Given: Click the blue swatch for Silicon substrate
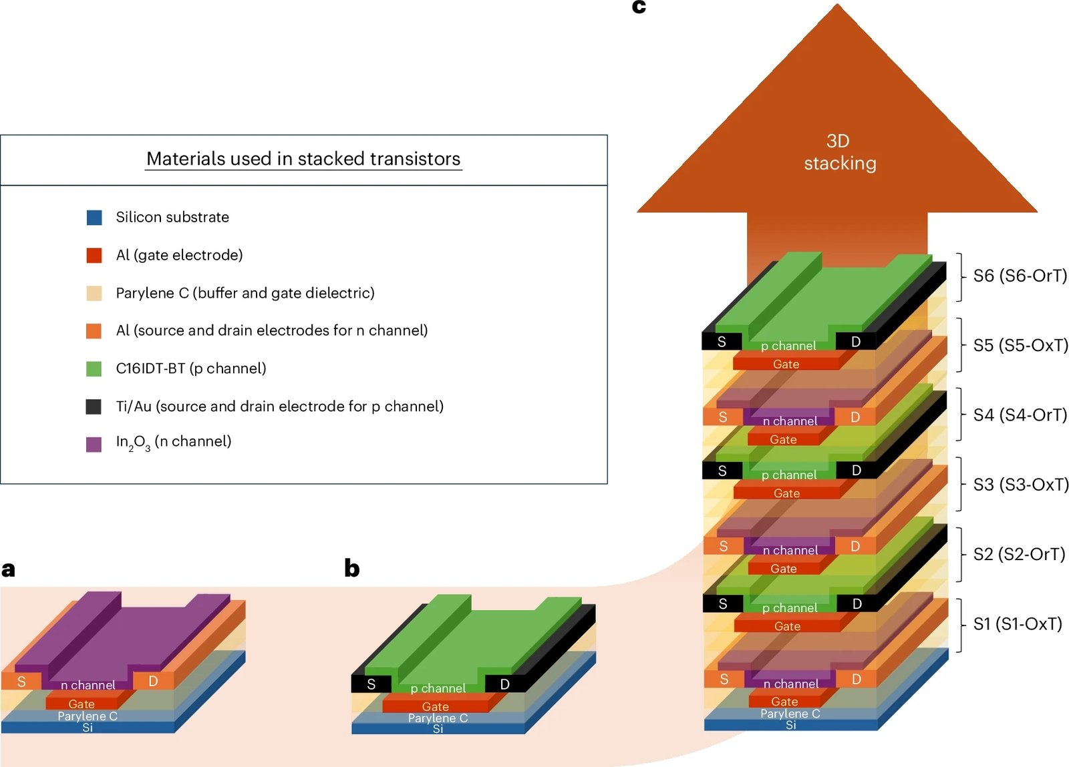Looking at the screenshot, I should coord(94,218).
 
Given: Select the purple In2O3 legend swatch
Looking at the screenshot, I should coord(94,444).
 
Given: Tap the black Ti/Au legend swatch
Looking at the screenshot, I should coord(94,407).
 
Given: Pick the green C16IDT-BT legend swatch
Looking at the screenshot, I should coord(94,368).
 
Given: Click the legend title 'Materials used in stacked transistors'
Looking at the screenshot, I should coord(303,159).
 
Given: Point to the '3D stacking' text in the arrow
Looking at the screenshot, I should coord(839,152).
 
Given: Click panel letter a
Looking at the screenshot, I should coord(9,569).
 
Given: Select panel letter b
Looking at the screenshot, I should coord(352,568).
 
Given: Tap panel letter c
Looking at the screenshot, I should coord(639,7).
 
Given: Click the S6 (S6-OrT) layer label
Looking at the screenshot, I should coord(1020,276).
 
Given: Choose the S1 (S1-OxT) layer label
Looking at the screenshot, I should coord(1017,624).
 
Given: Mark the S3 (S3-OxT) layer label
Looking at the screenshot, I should coord(1020,485).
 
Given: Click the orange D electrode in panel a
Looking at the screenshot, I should coord(153,681).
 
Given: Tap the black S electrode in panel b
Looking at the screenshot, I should coord(371,684).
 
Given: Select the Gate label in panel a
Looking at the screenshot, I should coord(82,704).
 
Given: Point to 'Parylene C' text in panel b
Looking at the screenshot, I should coord(438,718).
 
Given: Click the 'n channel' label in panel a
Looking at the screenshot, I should coord(88,685).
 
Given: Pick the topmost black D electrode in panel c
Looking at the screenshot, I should coord(856,342).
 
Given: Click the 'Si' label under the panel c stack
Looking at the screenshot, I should coord(791,725).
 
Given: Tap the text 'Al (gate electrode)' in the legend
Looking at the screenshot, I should coord(179,255).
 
